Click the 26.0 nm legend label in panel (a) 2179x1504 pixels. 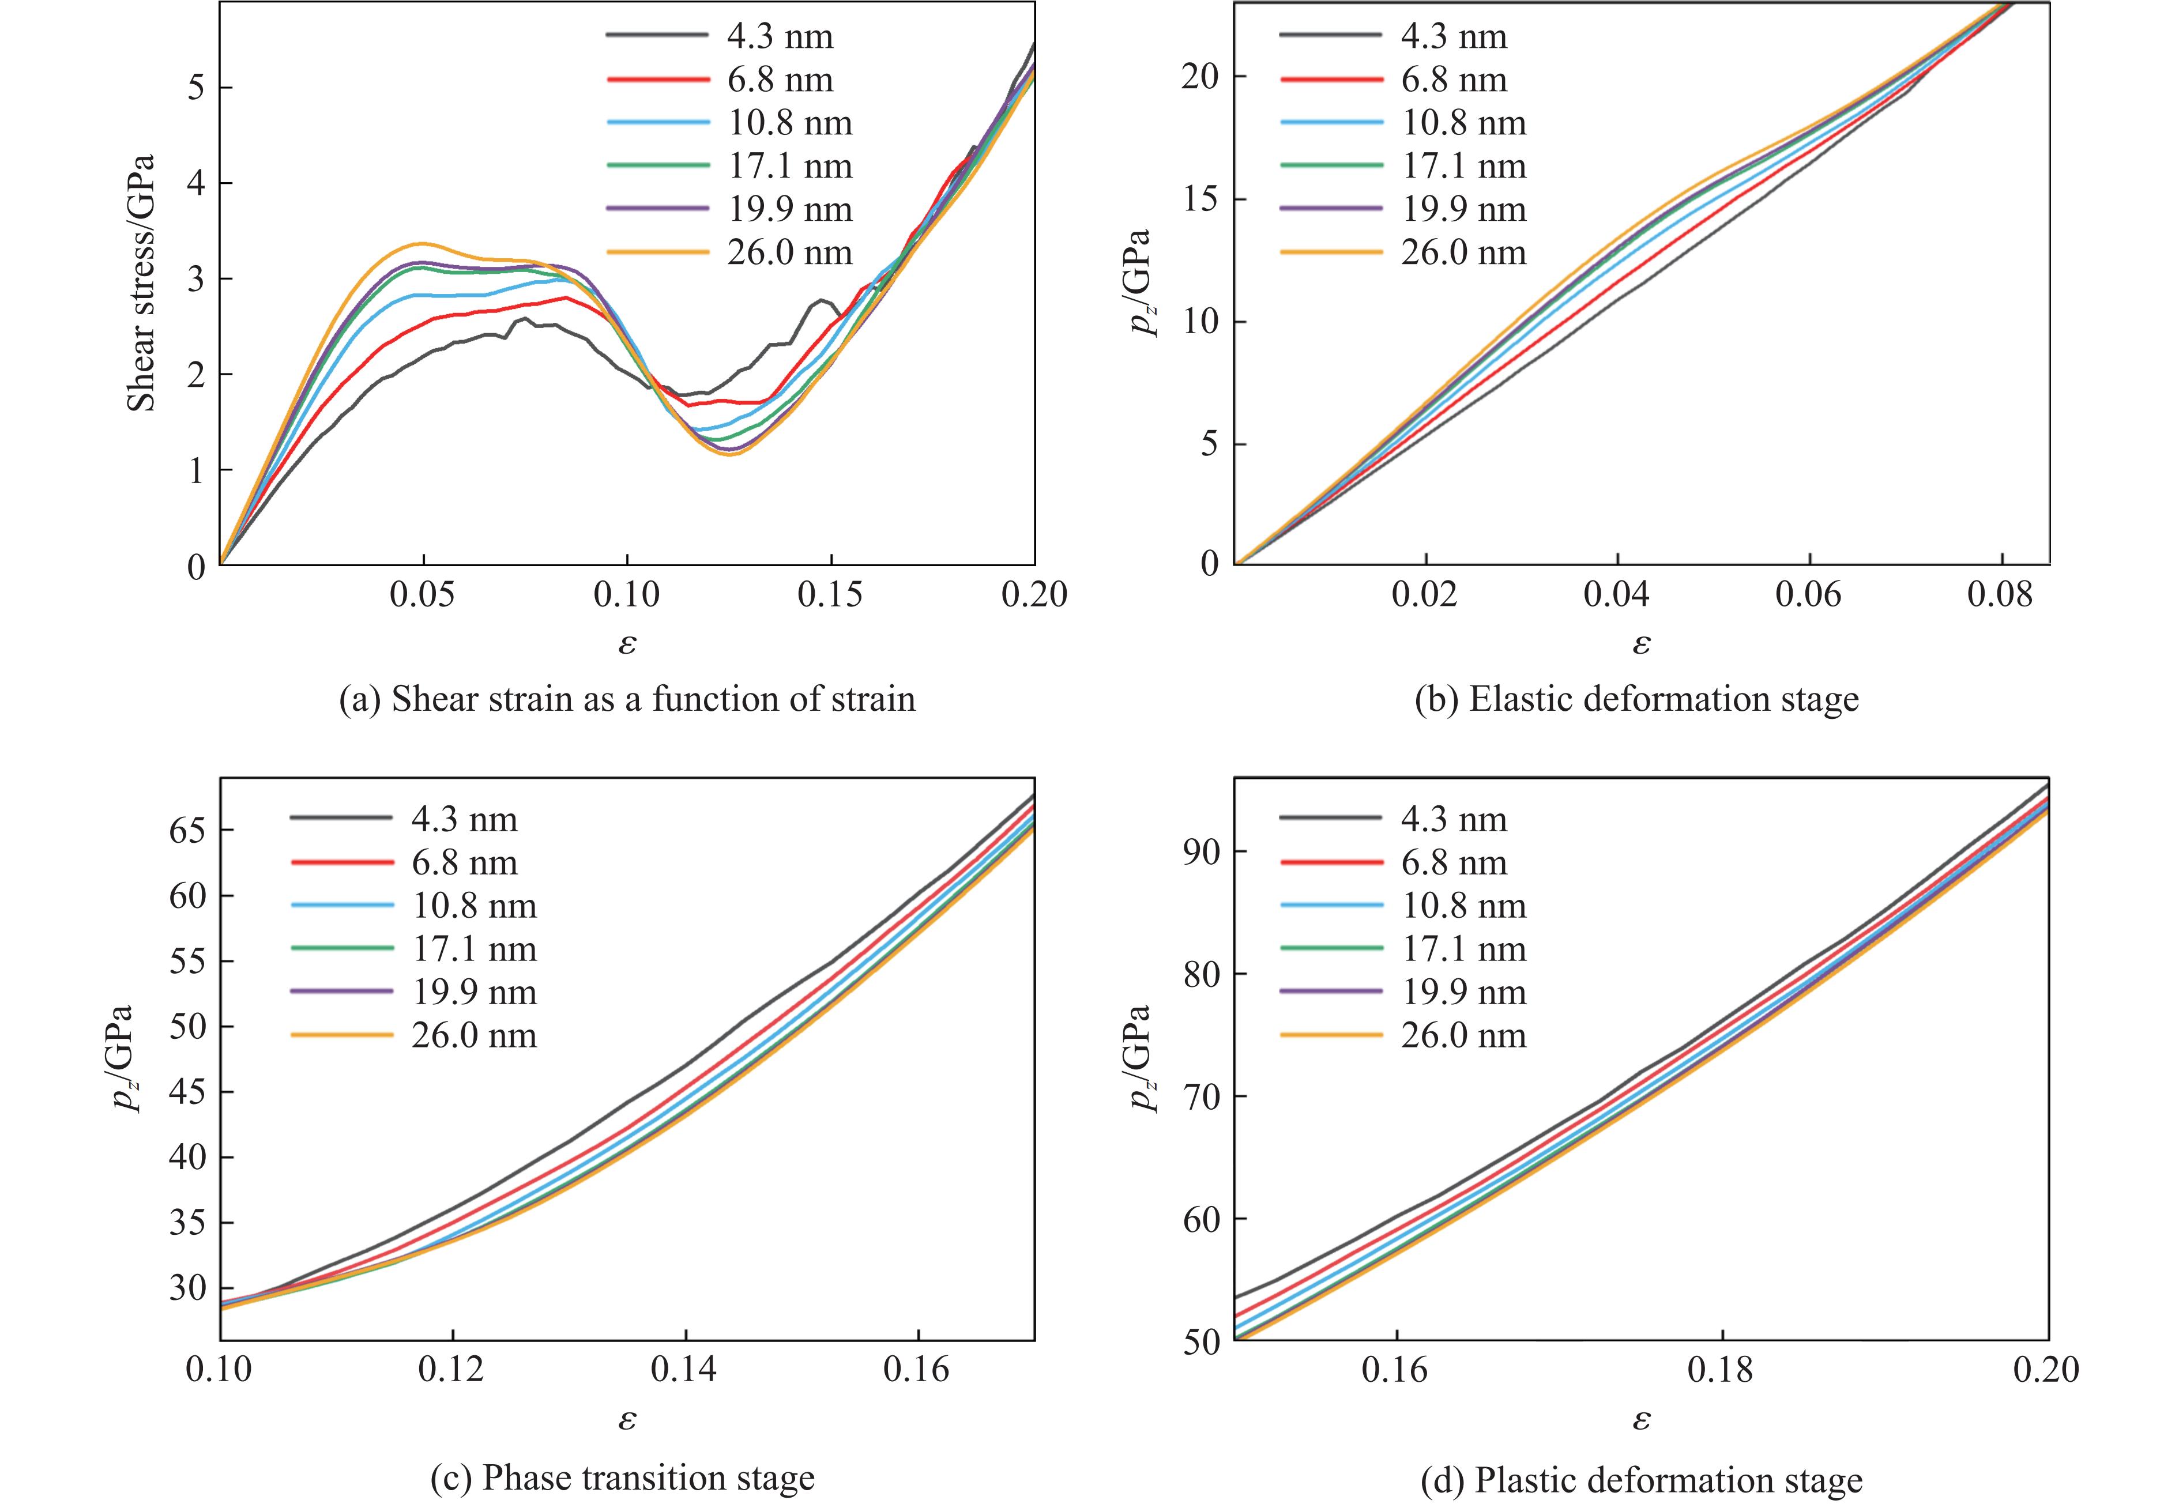coord(790,252)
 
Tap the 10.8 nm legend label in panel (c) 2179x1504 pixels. coord(474,906)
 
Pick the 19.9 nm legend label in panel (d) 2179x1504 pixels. coord(1463,992)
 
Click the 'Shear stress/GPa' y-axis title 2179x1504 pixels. coord(141,282)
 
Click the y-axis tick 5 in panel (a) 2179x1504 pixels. coord(196,88)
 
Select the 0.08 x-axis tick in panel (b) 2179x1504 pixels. coord(1999,595)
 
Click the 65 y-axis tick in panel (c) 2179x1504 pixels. coord(187,830)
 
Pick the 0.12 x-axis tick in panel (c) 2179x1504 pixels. coord(453,1369)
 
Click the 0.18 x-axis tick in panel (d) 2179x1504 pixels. coord(1722,1369)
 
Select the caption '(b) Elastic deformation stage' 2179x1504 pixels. coord(1637,699)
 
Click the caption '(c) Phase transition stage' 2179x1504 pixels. coord(622,1477)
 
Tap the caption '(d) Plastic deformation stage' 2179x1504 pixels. coord(1642,1480)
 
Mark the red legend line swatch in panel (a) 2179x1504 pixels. coord(657,80)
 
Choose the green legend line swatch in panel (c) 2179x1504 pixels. coord(341,949)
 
